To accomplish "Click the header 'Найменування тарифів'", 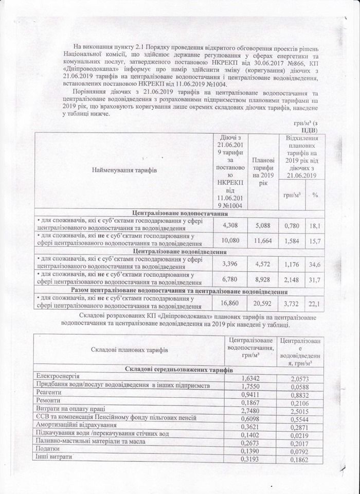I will tap(124, 169).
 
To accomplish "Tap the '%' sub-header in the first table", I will tap(315, 196).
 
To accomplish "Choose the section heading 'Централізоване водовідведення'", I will tap(179, 252).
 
